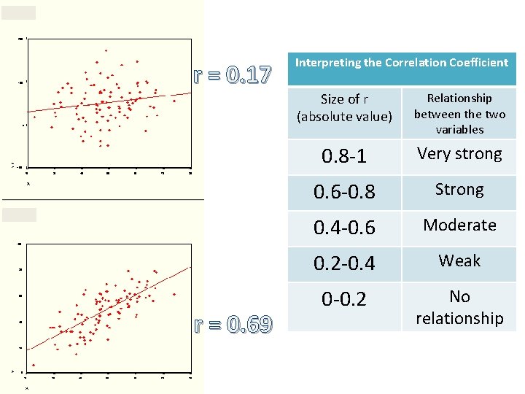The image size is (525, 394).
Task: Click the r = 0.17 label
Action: coord(232,74)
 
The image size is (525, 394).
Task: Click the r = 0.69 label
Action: coord(232,324)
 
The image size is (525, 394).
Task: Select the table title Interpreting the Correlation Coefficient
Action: coord(401,63)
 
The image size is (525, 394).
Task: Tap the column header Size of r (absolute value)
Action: coord(344,107)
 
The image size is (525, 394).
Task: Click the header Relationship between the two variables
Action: coord(459,113)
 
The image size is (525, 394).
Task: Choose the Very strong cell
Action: coord(459,154)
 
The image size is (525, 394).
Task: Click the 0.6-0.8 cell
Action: coord(344,192)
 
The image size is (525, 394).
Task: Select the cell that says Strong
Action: coord(459,190)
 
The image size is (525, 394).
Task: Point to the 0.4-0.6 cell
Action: coord(344,228)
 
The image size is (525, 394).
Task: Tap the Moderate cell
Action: coord(459,225)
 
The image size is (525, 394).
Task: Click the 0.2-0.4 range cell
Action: coord(344,263)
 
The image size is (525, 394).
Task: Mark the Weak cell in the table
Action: coord(459,260)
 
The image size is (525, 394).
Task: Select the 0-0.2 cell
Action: coord(344,299)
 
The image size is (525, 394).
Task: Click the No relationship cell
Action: coord(459,307)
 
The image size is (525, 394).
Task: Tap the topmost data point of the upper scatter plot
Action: coord(106,50)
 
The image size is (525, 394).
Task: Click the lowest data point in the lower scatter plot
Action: coord(34,365)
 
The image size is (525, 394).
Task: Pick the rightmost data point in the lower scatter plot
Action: coord(174,294)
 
